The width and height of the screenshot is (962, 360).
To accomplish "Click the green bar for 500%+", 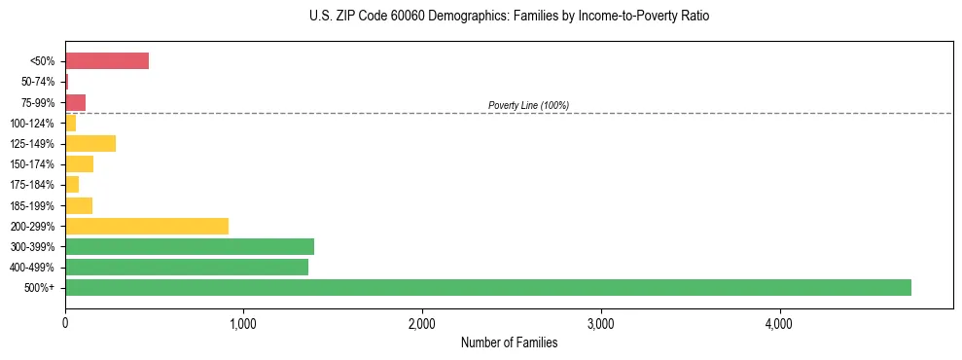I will (x=487, y=287).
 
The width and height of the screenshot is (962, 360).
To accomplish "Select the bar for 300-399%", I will (x=189, y=246).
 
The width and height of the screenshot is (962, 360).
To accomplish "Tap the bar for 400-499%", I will (x=186, y=267).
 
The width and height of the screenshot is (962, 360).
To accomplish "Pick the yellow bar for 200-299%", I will (x=146, y=226).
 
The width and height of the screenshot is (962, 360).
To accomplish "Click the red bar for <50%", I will (x=106, y=61).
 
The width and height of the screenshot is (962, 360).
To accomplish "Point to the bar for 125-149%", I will (x=89, y=144).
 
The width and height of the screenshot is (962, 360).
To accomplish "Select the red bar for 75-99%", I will (x=75, y=102).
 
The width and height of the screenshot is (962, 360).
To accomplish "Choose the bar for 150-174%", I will (x=79, y=164).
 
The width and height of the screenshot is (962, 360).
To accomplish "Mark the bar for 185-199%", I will (x=78, y=205).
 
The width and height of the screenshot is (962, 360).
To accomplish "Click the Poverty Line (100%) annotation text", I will (x=528, y=105).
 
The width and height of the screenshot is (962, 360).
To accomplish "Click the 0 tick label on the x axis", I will (x=65, y=323).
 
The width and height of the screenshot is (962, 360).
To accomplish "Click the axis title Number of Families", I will (x=509, y=342).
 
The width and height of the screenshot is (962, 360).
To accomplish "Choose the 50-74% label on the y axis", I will (x=39, y=82).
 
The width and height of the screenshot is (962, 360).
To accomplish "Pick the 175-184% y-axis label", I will (x=33, y=185).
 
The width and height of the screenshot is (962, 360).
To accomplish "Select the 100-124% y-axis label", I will (x=33, y=124).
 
